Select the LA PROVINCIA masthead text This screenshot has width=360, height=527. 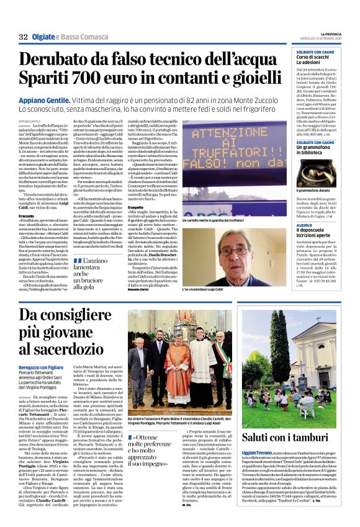coord(323,35)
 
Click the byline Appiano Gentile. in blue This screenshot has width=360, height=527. coord(46,100)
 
